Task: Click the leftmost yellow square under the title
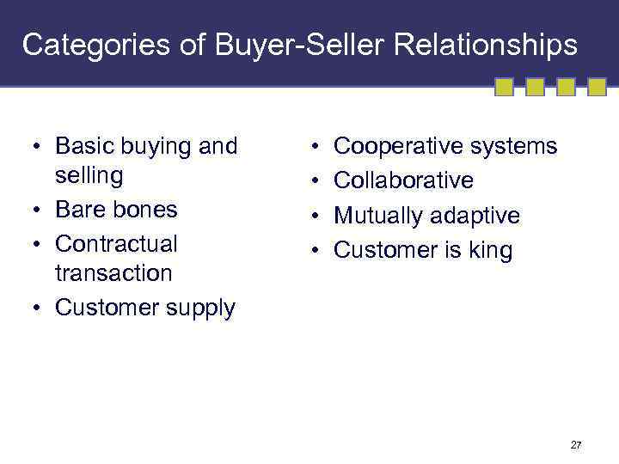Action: click(505, 87)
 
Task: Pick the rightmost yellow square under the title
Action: click(598, 87)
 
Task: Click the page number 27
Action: click(576, 445)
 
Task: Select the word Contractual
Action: click(116, 244)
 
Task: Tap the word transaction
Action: click(113, 273)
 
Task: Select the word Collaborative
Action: click(403, 180)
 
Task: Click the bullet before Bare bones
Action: click(40, 210)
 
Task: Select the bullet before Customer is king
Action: click(317, 251)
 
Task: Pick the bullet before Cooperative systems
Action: click(317, 147)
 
